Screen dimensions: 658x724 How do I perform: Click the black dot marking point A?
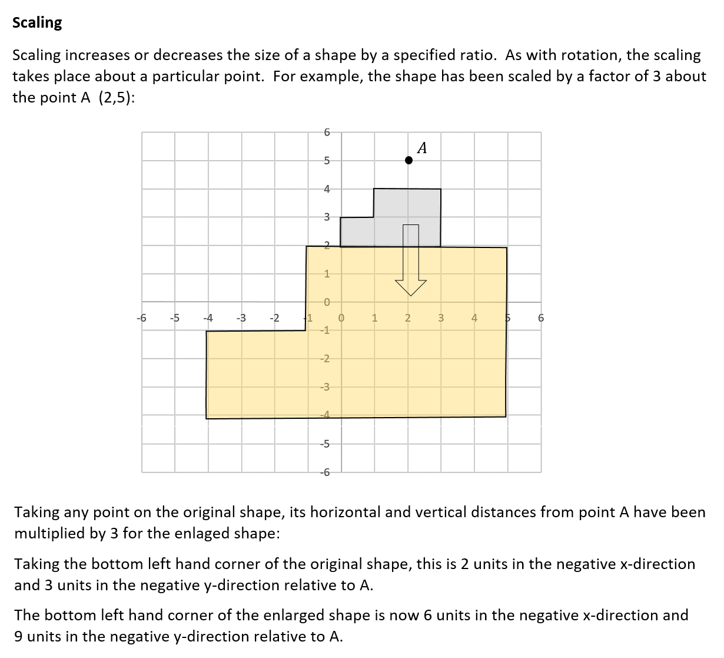click(x=409, y=160)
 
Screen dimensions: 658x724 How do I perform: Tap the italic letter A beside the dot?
click(x=422, y=148)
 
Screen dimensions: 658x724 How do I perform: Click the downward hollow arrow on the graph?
click(x=411, y=259)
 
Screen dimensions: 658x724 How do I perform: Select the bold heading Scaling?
click(x=37, y=22)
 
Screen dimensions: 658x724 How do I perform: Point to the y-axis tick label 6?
click(x=328, y=131)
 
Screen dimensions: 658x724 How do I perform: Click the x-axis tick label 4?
click(x=474, y=318)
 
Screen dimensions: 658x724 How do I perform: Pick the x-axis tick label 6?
click(x=541, y=318)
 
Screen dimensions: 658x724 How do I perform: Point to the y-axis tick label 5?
click(x=328, y=160)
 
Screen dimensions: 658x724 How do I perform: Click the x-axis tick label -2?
click(x=274, y=318)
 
